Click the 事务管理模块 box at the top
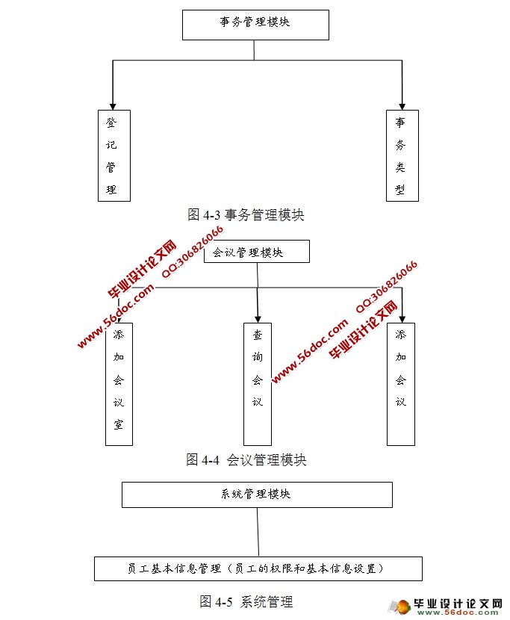coord(255,24)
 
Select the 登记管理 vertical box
coord(114,155)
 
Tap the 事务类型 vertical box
coord(402,155)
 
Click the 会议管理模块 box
coord(255,252)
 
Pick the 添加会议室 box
coord(119,383)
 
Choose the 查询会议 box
coord(258,383)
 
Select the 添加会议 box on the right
coord(401,383)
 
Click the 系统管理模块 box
coord(257,495)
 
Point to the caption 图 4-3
coord(246,215)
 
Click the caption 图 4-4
coord(246,459)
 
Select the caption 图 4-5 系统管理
coord(246,601)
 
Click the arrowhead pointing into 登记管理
coord(113,105)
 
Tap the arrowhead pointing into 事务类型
coord(402,105)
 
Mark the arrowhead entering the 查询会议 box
coord(258,317)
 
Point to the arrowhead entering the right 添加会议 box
coord(402,317)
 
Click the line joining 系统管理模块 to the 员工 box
coord(258,532)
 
